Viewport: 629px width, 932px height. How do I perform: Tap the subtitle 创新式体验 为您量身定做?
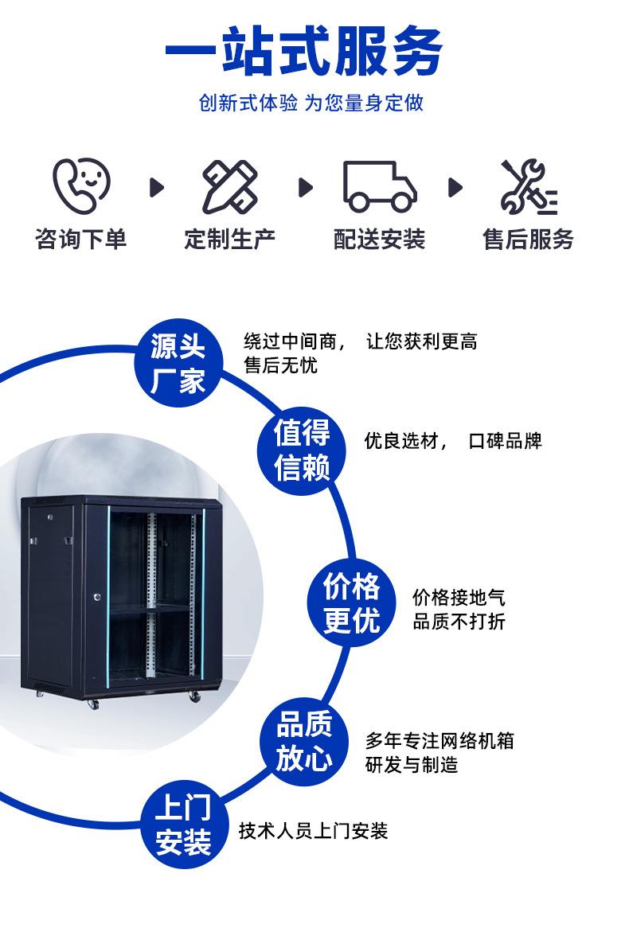[311, 103]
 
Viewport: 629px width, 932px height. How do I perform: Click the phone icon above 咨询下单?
[81, 185]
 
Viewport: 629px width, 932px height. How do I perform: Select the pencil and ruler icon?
[229, 186]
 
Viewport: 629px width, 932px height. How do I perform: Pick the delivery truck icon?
[379, 186]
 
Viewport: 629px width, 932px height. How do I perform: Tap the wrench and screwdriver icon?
[528, 188]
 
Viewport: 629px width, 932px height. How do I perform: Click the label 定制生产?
[230, 239]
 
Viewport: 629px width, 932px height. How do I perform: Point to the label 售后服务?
[528, 239]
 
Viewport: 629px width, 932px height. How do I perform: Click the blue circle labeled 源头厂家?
[178, 365]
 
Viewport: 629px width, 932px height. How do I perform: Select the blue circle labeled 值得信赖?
[302, 451]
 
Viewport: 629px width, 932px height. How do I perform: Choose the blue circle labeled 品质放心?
[303, 741]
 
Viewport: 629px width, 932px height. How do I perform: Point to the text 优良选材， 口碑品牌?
[452, 441]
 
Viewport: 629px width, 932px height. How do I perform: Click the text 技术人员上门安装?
[313, 831]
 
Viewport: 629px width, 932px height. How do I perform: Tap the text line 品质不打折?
[458, 622]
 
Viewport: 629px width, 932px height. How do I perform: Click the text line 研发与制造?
[412, 766]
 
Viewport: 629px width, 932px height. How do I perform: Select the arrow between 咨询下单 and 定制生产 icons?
[157, 187]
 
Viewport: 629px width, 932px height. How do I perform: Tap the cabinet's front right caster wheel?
[194, 696]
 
